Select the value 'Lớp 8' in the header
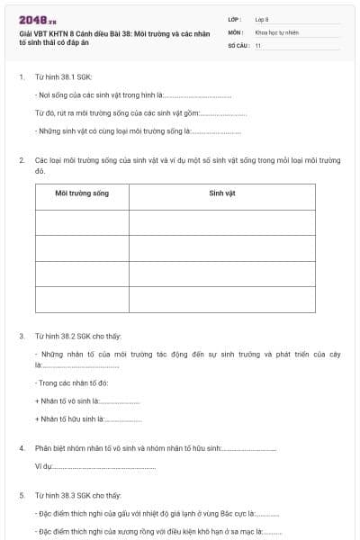click(262, 19)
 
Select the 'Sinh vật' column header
click(221, 193)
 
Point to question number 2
click(22, 159)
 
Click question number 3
click(22, 336)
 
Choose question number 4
click(22, 447)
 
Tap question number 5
click(22, 495)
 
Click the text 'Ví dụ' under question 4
click(43, 466)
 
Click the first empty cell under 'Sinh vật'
click(221, 221)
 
